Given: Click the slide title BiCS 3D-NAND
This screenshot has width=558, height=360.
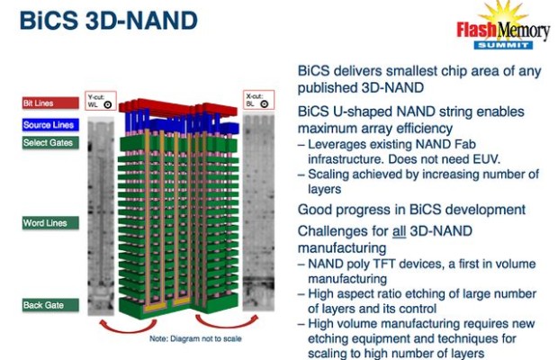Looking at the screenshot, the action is pos(109,21).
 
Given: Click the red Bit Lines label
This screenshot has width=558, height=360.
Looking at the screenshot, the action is pos(50,103).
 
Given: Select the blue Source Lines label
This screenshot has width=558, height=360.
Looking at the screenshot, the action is pos(50,125).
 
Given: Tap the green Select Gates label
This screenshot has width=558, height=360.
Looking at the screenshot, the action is pos(50,142).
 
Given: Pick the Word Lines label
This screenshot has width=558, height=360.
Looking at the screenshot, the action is pos(50,223).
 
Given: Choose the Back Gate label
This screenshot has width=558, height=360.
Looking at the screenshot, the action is pos(50,305).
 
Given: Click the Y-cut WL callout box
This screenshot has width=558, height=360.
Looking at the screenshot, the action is pos(101,101).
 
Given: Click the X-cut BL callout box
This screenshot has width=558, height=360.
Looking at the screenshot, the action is pos(258,100).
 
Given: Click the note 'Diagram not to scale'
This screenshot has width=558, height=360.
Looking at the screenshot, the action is pos(195,338).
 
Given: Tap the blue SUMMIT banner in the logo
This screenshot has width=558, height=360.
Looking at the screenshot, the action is pos(503,45).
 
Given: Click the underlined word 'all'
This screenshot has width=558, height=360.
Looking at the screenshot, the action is pos(399,231).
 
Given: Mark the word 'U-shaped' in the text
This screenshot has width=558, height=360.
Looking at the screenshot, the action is pos(363,112).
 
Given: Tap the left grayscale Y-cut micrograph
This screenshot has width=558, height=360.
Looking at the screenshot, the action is pos(101,216).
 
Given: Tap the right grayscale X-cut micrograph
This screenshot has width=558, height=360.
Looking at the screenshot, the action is pos(258,212).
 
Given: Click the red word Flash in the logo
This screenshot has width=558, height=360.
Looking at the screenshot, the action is pos(477,30).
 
